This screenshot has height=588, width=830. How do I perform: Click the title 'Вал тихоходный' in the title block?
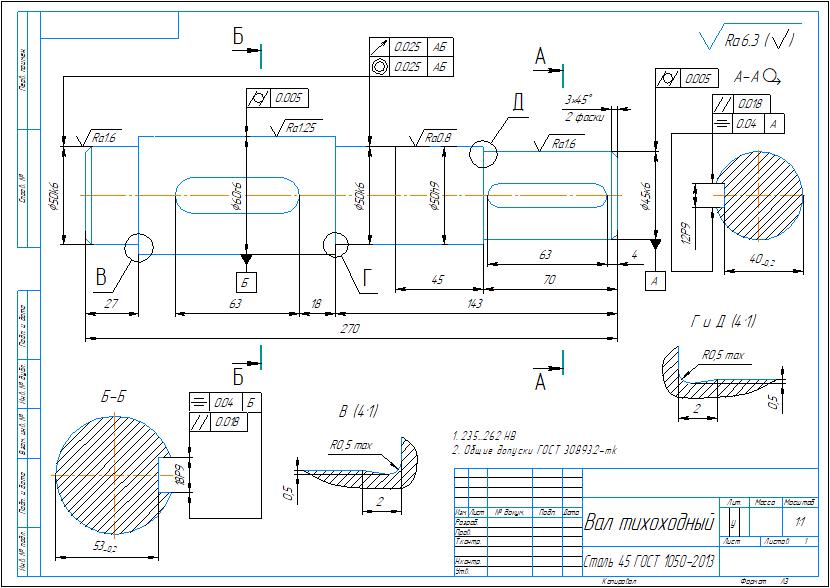click(x=649, y=523)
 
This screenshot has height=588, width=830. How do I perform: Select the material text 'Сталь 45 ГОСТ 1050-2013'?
click(x=647, y=554)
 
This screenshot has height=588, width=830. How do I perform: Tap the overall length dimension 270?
click(x=348, y=329)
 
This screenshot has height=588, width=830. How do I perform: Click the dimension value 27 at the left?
click(x=111, y=303)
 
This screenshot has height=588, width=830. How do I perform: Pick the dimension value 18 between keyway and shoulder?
click(x=316, y=303)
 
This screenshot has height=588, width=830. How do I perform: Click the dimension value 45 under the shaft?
click(x=437, y=280)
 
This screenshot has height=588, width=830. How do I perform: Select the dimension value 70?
click(x=549, y=280)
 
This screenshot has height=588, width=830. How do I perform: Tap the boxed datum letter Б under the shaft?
click(x=246, y=282)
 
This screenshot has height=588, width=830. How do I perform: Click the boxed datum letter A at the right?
click(x=656, y=282)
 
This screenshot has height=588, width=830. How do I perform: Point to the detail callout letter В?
click(x=101, y=276)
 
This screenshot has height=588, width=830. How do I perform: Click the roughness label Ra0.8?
click(x=437, y=136)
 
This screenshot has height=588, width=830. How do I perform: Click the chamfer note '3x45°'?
click(x=578, y=100)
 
